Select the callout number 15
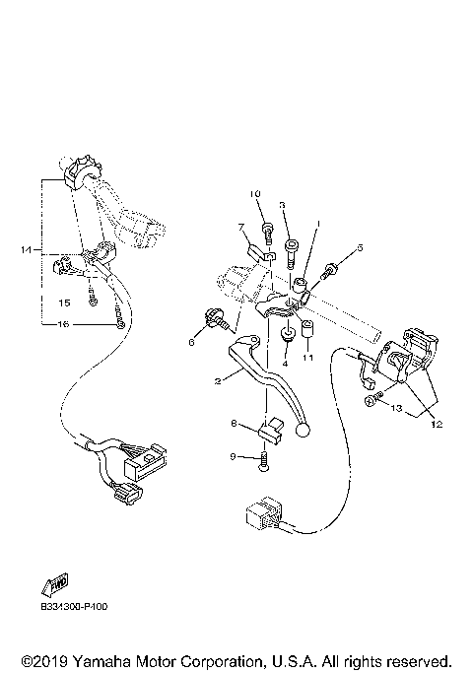(x=63, y=303)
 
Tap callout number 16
(x=62, y=324)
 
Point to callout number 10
(x=254, y=193)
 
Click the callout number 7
(x=239, y=228)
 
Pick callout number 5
(x=360, y=248)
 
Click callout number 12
(x=435, y=424)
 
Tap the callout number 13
(x=397, y=407)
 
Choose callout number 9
(x=233, y=456)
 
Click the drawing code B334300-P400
(x=74, y=607)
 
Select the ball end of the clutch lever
(x=304, y=430)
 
